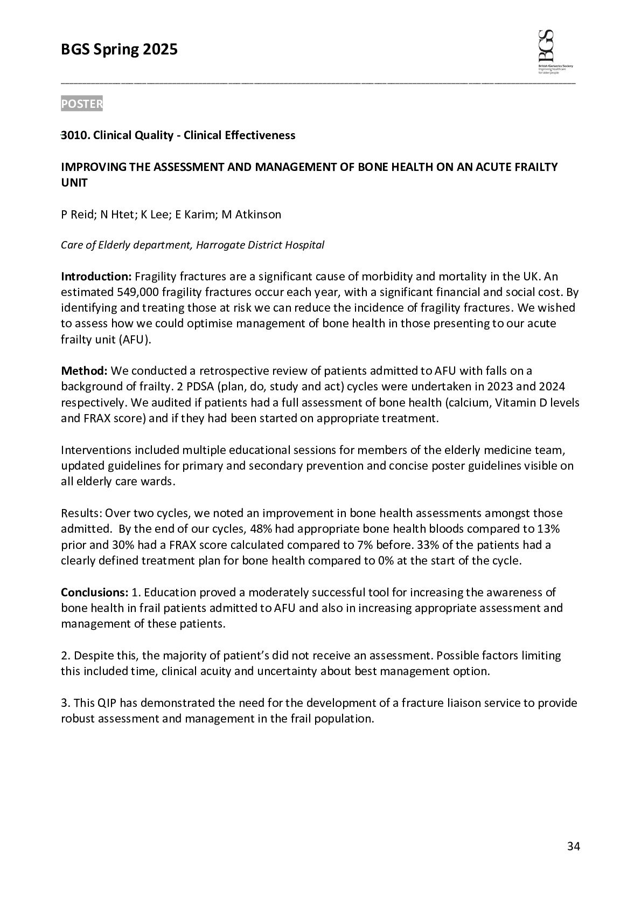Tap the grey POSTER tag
tap(82, 104)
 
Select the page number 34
tap(574, 847)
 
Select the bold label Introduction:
tap(96, 277)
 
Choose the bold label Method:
tap(85, 371)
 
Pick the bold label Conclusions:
tap(94, 593)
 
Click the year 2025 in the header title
tap(159, 50)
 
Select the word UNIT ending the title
tap(74, 183)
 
